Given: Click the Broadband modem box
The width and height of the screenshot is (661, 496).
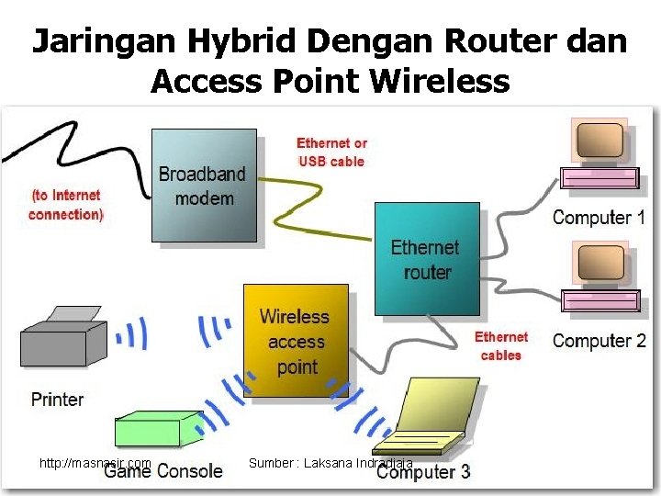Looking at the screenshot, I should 204,185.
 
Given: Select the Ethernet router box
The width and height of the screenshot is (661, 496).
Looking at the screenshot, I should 427,258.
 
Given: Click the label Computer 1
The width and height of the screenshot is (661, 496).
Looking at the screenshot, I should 599,218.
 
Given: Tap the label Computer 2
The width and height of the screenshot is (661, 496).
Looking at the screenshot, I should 599,340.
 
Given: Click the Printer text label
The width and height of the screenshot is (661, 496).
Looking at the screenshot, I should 57,400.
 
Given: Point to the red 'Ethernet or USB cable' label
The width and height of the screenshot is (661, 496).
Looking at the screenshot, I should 331,152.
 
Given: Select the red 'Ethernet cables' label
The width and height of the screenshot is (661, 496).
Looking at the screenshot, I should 501,346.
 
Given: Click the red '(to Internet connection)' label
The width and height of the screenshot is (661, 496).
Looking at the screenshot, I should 65,205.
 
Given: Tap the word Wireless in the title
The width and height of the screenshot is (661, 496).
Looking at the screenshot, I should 440,82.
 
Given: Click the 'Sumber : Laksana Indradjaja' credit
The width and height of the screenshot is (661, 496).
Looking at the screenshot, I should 330,464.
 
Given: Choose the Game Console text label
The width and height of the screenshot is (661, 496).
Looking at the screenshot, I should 163,472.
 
